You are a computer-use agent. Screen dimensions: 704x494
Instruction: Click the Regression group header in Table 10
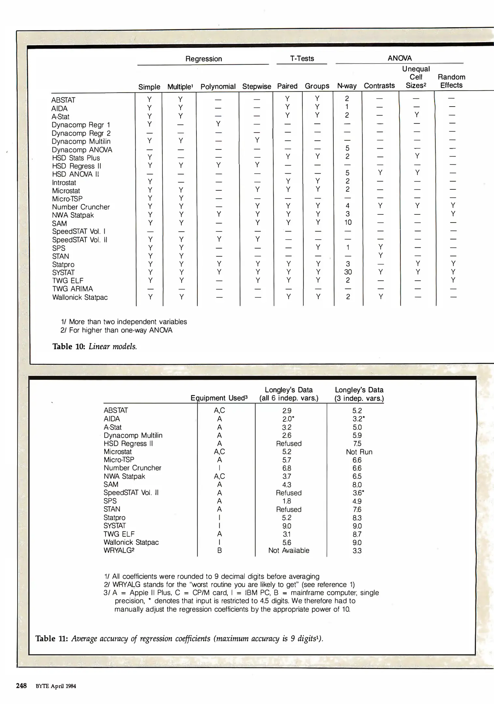point(204,59)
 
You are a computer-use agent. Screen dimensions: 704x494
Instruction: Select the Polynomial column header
point(218,87)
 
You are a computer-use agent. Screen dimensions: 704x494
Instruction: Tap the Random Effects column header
point(451,81)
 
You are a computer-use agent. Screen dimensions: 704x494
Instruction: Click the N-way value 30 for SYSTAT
point(348,272)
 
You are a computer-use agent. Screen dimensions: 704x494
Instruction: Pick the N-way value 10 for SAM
point(348,222)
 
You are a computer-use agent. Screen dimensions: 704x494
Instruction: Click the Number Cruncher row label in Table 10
point(81,207)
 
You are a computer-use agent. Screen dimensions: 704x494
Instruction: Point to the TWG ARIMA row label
point(72,289)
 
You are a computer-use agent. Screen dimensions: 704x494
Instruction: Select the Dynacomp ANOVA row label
point(82,150)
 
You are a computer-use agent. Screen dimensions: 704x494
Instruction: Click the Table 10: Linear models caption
point(94,346)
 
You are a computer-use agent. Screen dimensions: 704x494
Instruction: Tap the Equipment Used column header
point(219,398)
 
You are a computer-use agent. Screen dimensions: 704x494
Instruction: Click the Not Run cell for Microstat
point(359,452)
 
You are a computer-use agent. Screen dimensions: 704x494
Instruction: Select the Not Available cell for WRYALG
point(289,550)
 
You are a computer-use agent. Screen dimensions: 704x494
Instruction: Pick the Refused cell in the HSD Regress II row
point(289,444)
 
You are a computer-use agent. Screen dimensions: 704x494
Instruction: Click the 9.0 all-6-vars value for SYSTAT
point(287,526)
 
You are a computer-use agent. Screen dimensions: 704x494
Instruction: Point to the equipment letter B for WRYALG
point(220,550)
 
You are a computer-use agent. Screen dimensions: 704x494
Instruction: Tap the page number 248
point(21,685)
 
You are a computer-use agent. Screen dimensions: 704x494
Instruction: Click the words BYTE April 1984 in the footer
point(56,686)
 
